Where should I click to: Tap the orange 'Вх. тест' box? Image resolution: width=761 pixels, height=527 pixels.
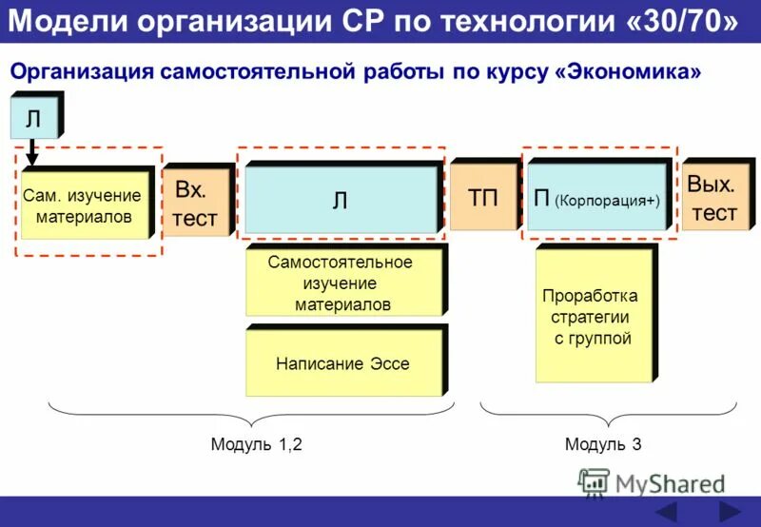click(194, 203)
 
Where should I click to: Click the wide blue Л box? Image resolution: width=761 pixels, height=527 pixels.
click(341, 199)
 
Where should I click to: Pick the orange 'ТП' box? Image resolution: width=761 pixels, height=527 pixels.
click(482, 198)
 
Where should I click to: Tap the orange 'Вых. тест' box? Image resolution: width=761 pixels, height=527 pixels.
click(713, 198)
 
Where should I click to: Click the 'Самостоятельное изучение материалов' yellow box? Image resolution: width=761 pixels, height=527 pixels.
click(342, 283)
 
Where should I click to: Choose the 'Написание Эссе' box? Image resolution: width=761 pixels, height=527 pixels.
click(342, 362)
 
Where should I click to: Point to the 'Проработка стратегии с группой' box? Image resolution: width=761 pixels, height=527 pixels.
click(593, 316)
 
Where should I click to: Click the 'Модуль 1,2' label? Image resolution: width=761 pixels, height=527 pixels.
click(256, 444)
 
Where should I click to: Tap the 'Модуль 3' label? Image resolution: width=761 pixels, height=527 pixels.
click(603, 444)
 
